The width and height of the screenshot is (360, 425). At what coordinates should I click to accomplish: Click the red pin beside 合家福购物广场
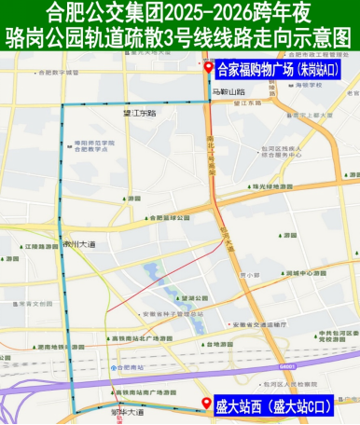tap(208, 70)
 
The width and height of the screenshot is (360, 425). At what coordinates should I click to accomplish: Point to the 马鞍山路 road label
tap(228, 92)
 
